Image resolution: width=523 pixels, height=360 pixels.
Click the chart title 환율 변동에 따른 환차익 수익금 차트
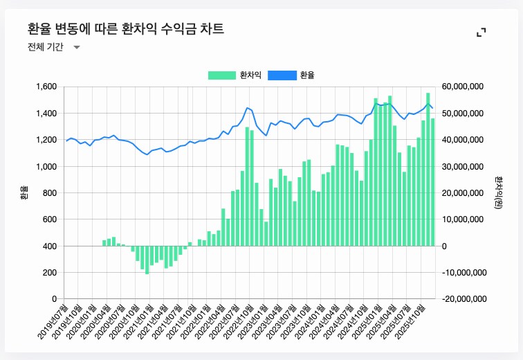tap(125, 29)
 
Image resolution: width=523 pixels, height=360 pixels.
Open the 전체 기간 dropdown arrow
tap(77, 47)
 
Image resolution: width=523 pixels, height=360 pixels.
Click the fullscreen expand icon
tap(481, 33)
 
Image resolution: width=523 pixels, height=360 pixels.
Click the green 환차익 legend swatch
tap(222, 75)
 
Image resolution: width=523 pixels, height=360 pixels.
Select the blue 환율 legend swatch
tap(282, 75)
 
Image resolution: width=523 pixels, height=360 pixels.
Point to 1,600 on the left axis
tap(45, 87)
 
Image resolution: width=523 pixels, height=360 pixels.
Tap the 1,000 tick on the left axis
tap(45, 166)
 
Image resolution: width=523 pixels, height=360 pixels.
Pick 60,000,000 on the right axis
tap(464, 87)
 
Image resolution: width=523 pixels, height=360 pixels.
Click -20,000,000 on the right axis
tap(462, 299)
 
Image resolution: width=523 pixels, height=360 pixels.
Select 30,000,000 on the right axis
tap(464, 166)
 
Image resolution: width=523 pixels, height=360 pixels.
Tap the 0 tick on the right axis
tap(444, 246)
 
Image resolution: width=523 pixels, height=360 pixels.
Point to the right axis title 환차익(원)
tap(498, 192)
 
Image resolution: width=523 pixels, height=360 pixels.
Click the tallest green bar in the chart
tap(428, 169)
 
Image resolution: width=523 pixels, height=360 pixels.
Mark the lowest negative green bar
tap(147, 260)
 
